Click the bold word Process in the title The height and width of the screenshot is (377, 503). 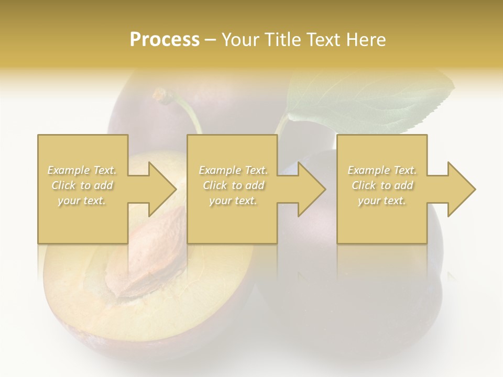pos(165,40)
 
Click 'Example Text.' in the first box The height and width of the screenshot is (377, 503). pos(82,170)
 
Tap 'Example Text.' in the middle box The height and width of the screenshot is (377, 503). pos(233,170)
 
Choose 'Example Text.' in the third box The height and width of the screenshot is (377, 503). pos(382,170)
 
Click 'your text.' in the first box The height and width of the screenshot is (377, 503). pos(82,201)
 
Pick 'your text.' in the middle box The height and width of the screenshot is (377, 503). pos(233,201)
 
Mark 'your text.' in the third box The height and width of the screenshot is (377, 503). pos(382,201)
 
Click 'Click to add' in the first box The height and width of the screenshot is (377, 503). pos(82,185)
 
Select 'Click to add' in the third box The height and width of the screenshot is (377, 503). pos(382,185)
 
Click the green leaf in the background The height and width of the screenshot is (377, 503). pos(367,99)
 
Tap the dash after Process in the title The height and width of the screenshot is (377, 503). pos(210,40)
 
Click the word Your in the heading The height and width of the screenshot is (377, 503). pos(239,40)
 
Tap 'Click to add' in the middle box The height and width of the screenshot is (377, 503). pos(233,185)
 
